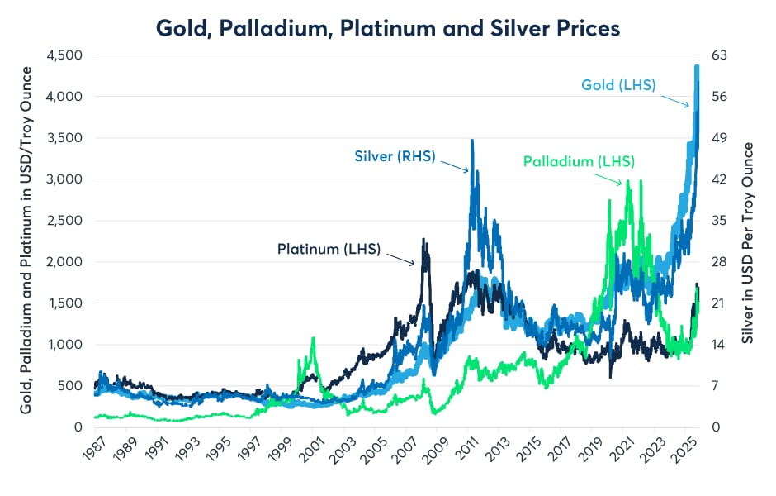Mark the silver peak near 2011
(x=472, y=141)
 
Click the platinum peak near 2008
(x=424, y=241)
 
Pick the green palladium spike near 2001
(x=314, y=338)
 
